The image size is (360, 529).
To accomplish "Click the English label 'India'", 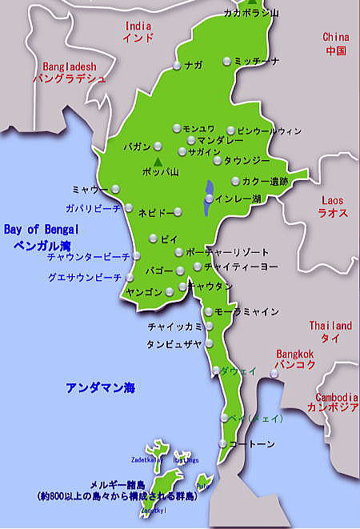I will pos(138,26).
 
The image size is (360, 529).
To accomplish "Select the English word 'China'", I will pos(336,37).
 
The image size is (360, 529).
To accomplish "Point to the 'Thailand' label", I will pos(330,326).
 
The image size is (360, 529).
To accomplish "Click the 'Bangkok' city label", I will pos(297,353).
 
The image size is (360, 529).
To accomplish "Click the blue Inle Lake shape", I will pos(208,198).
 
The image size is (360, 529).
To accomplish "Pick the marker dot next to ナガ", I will pos(177,65).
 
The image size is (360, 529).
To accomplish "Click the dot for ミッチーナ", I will pos(227,61).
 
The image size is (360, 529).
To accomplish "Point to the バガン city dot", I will pos(158,146).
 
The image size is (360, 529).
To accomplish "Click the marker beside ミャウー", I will pos(116,189).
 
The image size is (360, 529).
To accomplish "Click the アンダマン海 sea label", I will pos(101,388).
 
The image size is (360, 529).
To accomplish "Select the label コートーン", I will pos(252,443).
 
